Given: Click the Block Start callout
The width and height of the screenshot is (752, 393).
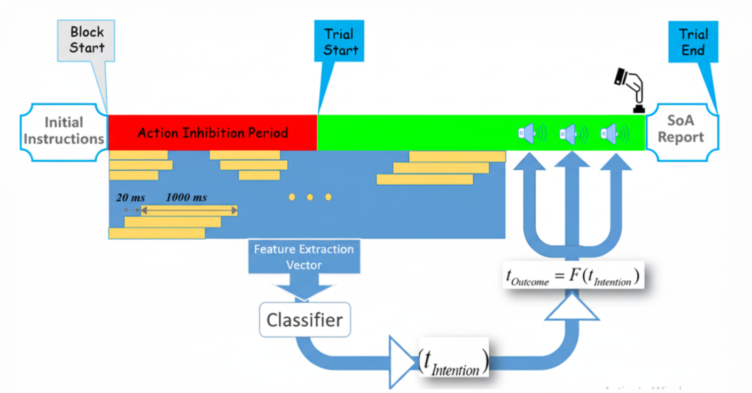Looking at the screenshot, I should pos(87,40).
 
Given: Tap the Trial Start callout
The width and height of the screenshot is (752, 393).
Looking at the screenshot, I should pos(340,42).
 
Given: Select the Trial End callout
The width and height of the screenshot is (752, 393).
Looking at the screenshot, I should pos(693,42).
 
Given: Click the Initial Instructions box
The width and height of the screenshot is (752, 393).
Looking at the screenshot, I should pos(64,131).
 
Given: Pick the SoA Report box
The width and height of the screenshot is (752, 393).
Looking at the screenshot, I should pos(681,130).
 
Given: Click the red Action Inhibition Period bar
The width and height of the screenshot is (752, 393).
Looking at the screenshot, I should pos(213,132).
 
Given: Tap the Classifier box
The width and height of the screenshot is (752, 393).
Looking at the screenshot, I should pos(304,320).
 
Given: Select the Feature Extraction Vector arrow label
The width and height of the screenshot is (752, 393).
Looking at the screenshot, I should pos(304,257).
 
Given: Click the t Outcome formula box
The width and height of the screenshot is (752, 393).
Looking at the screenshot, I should pos(572,276).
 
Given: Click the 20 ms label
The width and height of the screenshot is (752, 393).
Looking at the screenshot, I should pos(131,198).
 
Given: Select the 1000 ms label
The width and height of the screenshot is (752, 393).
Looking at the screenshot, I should pos(186,198).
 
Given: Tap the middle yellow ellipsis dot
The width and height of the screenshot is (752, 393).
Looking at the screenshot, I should pos(310,198).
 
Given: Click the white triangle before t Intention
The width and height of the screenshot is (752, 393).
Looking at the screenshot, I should pos(401,362).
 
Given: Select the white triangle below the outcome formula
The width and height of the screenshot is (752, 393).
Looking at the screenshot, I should pos(571,310).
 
